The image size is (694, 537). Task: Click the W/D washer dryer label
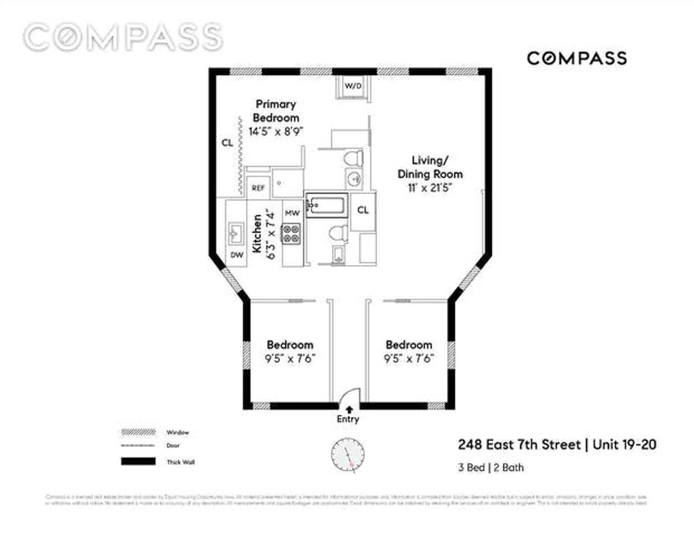[353, 86]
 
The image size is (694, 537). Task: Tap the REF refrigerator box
[258, 188]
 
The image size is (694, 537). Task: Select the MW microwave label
[292, 214]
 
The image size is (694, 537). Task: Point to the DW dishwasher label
[237, 255]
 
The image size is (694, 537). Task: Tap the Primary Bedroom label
[276, 111]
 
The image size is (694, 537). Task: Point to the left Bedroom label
[290, 344]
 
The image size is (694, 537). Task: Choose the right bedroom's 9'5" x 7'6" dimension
[409, 358]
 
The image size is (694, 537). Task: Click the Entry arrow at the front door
[348, 410]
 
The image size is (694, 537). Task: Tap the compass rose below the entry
[349, 453]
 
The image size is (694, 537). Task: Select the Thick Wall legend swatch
[138, 462]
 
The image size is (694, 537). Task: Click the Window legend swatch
[138, 432]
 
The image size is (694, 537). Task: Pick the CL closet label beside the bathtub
[363, 210]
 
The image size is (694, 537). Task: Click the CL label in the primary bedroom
[227, 143]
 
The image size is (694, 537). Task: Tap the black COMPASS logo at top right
[577, 58]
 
